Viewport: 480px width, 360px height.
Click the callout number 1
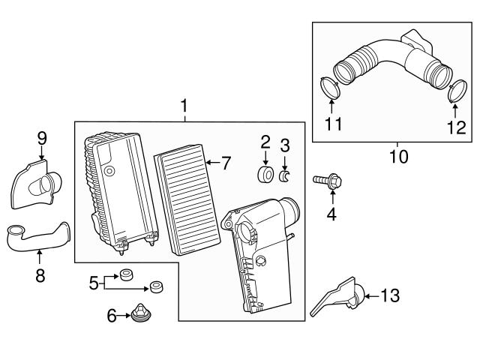184,108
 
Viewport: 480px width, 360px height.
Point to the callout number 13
390,295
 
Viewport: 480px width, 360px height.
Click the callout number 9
42,137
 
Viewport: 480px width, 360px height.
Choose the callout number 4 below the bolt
331,215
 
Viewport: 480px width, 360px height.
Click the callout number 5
94,282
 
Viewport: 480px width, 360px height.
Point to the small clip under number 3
285,177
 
